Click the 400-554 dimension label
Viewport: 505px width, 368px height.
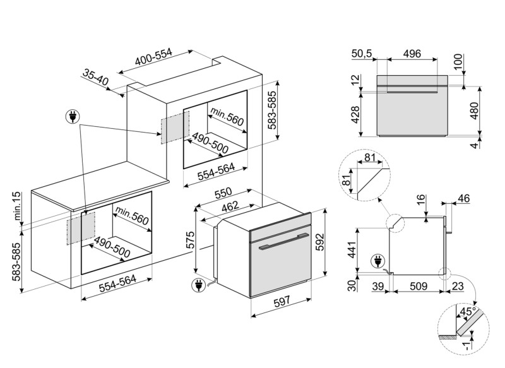(x=153, y=57)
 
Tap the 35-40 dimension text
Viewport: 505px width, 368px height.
(x=95, y=78)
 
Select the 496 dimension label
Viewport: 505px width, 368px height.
(x=412, y=54)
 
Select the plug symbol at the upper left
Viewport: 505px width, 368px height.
(x=74, y=117)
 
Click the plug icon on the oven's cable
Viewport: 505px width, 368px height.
(x=198, y=285)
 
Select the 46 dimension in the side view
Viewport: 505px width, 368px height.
(x=463, y=199)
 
